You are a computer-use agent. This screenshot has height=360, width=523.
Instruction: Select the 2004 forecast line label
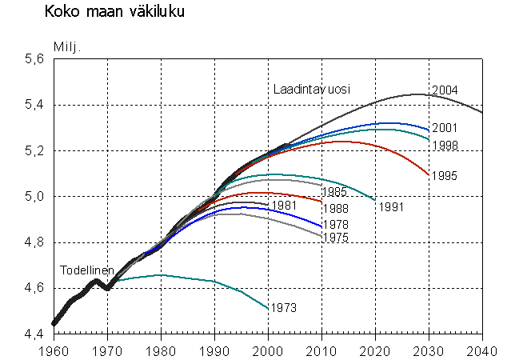point(445,90)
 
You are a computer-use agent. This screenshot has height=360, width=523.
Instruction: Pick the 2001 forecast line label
point(445,128)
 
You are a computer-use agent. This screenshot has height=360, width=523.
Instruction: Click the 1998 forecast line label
point(445,146)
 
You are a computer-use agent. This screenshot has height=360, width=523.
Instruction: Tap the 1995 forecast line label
point(445,175)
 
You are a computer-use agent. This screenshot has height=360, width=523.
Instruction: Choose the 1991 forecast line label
point(392,207)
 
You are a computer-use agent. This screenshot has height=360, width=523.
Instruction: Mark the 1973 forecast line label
point(283,308)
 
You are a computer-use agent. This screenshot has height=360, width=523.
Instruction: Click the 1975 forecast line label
point(335,238)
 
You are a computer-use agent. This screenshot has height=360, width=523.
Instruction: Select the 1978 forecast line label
point(335,225)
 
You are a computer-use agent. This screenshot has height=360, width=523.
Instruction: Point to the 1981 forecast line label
point(285,206)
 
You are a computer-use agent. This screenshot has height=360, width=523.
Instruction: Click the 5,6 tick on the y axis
point(33,59)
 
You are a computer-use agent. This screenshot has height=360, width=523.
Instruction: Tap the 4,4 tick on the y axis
point(33,334)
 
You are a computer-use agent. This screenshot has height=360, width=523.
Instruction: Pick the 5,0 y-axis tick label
point(33,197)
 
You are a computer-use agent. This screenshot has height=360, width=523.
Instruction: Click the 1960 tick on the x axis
point(54,349)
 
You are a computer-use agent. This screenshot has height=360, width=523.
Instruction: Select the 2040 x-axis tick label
point(483,349)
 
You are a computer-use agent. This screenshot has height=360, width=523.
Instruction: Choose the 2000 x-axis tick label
point(269,349)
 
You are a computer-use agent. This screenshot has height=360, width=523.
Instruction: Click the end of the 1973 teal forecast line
point(268,308)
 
